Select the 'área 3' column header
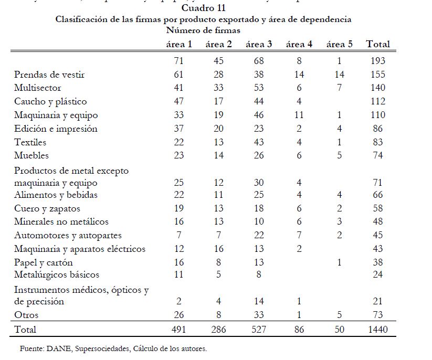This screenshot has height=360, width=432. click(259, 44)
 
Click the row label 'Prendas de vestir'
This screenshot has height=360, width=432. click(49, 75)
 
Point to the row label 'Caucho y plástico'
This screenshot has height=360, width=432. click(50, 101)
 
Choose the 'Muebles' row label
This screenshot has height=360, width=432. click(31, 155)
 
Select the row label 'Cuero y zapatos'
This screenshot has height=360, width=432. click(47, 208)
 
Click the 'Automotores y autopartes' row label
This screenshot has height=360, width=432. click(68, 235)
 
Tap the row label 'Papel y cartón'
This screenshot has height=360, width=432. click(44, 262)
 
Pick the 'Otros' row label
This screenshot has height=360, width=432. click(26, 315)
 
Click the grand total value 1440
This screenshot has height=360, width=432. click(378, 330)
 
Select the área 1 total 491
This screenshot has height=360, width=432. click(178, 330)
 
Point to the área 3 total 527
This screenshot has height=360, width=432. click(259, 330)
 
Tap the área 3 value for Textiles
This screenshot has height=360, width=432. click(259, 142)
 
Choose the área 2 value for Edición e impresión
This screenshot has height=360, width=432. click(218, 129)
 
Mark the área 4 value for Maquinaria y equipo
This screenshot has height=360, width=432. click(299, 115)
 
